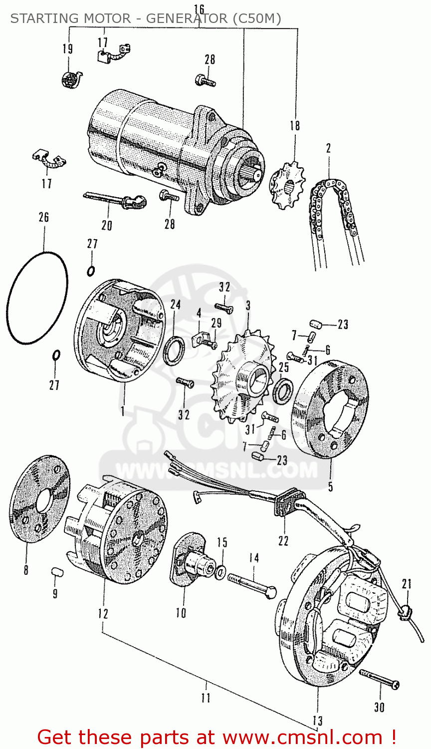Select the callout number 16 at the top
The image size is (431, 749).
[199, 9]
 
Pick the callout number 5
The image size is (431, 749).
[330, 486]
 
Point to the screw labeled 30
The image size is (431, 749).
[379, 680]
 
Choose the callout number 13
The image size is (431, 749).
[317, 721]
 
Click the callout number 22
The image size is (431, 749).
[283, 541]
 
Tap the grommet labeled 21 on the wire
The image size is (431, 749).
[406, 610]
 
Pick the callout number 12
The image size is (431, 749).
[103, 614]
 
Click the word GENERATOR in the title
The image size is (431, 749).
[185, 19]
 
